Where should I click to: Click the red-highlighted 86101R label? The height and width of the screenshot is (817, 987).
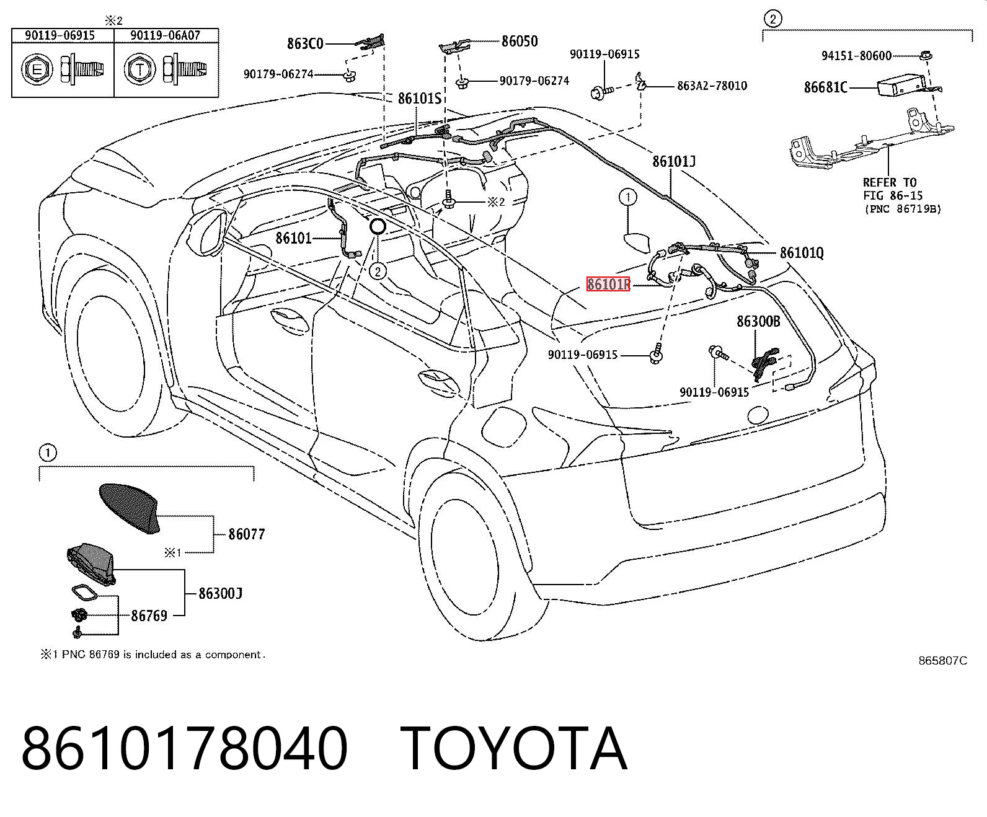click(608, 284)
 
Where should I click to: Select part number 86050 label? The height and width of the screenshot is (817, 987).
click(520, 41)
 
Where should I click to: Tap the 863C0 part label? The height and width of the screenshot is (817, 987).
click(306, 43)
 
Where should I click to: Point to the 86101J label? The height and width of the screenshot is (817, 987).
click(674, 162)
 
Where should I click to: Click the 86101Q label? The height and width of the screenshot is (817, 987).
click(802, 253)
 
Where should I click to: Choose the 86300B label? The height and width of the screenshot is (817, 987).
click(758, 322)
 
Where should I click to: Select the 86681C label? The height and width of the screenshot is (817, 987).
click(826, 87)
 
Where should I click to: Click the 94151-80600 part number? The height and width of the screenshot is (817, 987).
click(857, 56)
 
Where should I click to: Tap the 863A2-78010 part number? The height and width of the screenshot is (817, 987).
click(712, 86)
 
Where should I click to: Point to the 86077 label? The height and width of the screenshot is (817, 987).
click(246, 534)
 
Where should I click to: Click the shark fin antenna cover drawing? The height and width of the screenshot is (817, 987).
click(130, 508)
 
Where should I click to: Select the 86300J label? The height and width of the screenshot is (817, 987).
click(220, 593)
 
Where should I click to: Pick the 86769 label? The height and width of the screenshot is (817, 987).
click(149, 616)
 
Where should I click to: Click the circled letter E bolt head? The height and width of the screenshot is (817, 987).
click(37, 69)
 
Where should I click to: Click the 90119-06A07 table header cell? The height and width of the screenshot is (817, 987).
click(166, 35)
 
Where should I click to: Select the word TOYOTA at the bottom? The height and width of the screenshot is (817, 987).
click(514, 749)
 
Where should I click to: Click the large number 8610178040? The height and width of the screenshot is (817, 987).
click(184, 749)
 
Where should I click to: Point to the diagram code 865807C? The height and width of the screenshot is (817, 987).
click(942, 661)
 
